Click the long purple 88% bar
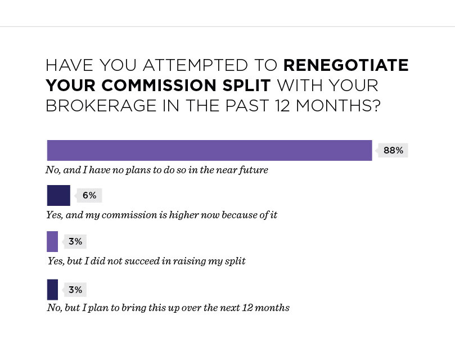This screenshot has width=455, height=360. pyautogui.click(x=210, y=150)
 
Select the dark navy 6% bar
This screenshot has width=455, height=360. pyautogui.click(x=58, y=195)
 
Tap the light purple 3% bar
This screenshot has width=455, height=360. pyautogui.click(x=52, y=241)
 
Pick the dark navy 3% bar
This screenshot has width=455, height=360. pyautogui.click(x=52, y=290)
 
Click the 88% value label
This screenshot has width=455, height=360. pyautogui.click(x=393, y=150)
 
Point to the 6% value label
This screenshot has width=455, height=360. pyautogui.click(x=89, y=195)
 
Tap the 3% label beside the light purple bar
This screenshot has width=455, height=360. pyautogui.click(x=75, y=241)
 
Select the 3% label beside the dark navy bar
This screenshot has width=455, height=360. pyautogui.click(x=75, y=290)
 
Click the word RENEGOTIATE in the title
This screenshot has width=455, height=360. pyautogui.click(x=346, y=65)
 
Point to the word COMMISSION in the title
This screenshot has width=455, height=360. pyautogui.click(x=159, y=85)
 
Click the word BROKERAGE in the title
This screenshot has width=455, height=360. pyautogui.click(x=101, y=105)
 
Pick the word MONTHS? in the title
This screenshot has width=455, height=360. pyautogui.click(x=338, y=105)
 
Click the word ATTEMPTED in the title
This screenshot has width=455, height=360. pyautogui.click(x=195, y=65)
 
